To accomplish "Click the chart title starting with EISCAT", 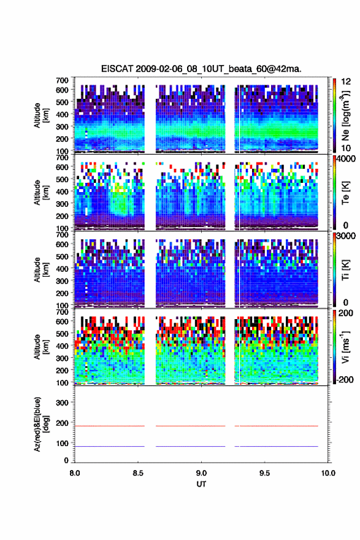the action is click(x=201, y=69).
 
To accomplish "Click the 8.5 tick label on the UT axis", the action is click(x=138, y=473).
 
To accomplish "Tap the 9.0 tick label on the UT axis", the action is click(x=201, y=473).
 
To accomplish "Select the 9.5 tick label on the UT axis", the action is click(x=265, y=473).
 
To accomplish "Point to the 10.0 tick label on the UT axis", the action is click(x=328, y=473).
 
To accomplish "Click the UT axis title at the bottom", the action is click(x=201, y=484).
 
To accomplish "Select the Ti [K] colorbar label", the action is click(x=345, y=270).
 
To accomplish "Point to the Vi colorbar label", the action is click(x=345, y=347).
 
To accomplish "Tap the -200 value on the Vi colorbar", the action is click(x=345, y=379).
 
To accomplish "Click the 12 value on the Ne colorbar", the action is click(x=346, y=82).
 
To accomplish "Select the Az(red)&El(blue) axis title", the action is click(x=41, y=424).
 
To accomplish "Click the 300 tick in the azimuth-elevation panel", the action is click(x=63, y=403).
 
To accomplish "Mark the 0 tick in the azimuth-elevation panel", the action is click(x=66, y=460).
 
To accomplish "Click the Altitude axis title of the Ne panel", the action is click(x=41, y=115).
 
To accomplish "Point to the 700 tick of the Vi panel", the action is click(x=63, y=312).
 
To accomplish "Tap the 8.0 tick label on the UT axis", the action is click(x=75, y=473).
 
